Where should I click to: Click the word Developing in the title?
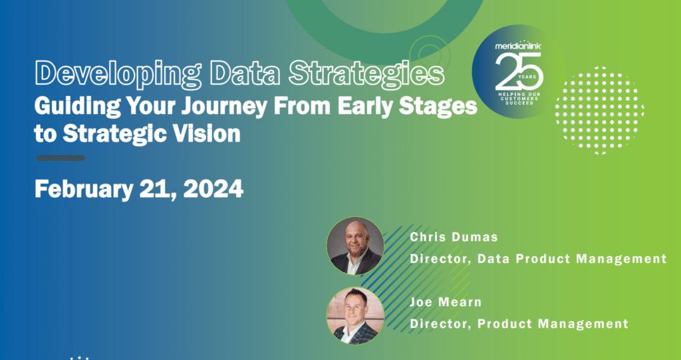coord(118,75)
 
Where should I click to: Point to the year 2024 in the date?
coord(213,189)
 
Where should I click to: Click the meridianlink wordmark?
coord(518,46)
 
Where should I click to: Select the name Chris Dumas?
coord(454,237)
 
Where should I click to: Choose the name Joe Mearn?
coord(446,302)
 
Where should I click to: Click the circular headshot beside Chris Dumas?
coord(355,246)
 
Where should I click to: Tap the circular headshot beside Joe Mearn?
coord(355,316)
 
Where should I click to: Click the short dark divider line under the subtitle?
coord(61,158)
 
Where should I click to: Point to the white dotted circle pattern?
coord(600,110)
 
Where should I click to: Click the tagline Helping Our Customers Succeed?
coord(519,98)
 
